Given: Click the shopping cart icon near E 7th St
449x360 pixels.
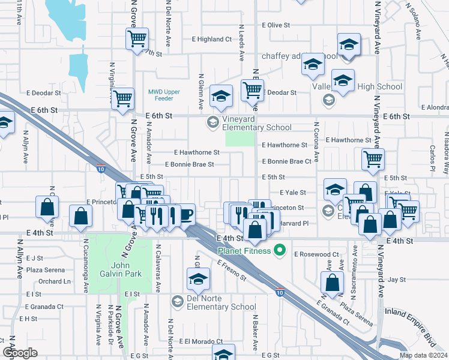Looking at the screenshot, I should point(137,40).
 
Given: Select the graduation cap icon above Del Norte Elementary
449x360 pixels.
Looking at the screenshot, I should point(198,279).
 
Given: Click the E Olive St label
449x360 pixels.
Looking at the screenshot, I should point(276,25).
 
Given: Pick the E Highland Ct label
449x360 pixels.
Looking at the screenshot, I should point(211,39).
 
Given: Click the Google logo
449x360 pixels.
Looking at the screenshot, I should point(20,353).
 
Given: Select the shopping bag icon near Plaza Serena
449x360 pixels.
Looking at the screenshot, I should point(332,283).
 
